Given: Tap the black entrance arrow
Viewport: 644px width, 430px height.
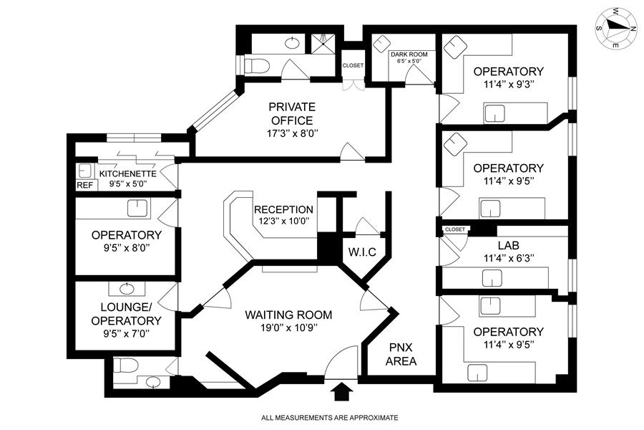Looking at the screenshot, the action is tap(342, 392).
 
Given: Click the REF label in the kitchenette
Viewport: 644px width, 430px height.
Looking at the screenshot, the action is tap(85, 185).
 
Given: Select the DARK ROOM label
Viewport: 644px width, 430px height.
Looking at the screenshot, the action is tap(409, 54).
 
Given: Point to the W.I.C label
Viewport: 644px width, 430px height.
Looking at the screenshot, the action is tap(362, 252).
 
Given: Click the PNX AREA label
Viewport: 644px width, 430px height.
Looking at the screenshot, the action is tap(401, 354).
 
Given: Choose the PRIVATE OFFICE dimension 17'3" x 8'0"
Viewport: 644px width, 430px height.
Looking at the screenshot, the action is tap(292, 133).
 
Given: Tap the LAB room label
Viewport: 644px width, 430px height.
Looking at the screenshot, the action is tap(509, 246).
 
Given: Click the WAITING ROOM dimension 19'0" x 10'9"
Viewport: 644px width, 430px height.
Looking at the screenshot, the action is tap(288, 328).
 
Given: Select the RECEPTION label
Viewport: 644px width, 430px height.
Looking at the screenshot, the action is tap(283, 209).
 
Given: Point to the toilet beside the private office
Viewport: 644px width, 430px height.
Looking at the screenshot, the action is tap(256, 65).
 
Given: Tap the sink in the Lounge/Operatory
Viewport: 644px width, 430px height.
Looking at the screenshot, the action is tap(127, 288).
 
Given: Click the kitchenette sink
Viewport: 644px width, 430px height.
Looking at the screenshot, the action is tap(84, 171).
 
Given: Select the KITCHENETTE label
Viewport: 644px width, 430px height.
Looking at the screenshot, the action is tap(128, 174).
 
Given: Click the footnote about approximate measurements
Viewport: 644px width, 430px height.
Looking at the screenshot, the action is tap(329, 418).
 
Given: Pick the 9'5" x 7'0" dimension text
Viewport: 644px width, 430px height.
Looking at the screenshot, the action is tap(126, 333).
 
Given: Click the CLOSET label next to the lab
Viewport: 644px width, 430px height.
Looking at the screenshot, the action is tap(454, 229).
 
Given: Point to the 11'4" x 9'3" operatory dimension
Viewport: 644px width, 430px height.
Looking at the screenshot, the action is tap(509, 85).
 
